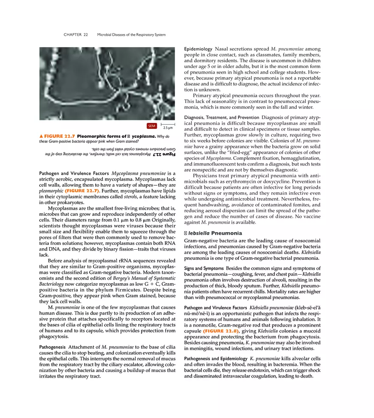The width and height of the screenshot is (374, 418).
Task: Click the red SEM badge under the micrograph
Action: pos(152,126)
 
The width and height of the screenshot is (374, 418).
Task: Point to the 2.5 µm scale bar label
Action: pos(167,128)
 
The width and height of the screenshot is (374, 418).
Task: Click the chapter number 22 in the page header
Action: pos(85,34)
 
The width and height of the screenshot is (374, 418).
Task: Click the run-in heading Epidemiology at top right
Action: pos(198,49)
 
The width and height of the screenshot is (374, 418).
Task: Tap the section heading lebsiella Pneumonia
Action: pos(212,233)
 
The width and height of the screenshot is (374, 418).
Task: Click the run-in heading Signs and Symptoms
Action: pos(204,268)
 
